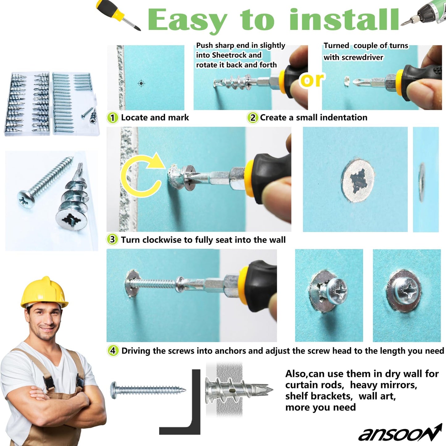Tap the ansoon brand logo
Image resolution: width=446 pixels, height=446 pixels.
click(400, 433)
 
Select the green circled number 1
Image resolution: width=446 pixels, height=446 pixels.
click(112, 118)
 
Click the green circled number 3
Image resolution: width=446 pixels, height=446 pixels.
click(112, 240)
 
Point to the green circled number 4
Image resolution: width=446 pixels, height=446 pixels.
click(113, 351)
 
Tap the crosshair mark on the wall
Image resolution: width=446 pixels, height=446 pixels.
click(141, 83)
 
